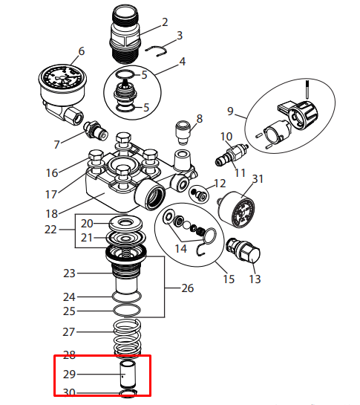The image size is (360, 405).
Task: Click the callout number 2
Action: pos(165,22)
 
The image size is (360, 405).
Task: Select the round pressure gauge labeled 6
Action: pos(62,92)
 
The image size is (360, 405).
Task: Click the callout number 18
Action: pos(52,213)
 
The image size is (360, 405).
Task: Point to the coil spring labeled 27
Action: pos(127,338)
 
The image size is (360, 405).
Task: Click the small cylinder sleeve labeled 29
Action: pos(128,375)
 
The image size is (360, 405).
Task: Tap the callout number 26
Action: pos(187,288)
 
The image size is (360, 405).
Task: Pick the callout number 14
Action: pos(180,248)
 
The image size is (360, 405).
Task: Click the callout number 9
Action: pos(230,111)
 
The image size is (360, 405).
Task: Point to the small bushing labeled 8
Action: pos(183,132)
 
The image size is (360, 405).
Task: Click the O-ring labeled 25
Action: pos(127,311)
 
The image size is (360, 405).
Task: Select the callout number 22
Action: pos(50,230)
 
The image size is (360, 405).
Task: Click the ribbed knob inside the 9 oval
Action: pos(302,115)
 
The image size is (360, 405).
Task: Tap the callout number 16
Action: pos(52,173)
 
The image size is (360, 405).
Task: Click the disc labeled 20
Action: pos(125,224)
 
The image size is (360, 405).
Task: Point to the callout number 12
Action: pos(220,184)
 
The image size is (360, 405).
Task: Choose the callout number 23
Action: pos(69,273)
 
